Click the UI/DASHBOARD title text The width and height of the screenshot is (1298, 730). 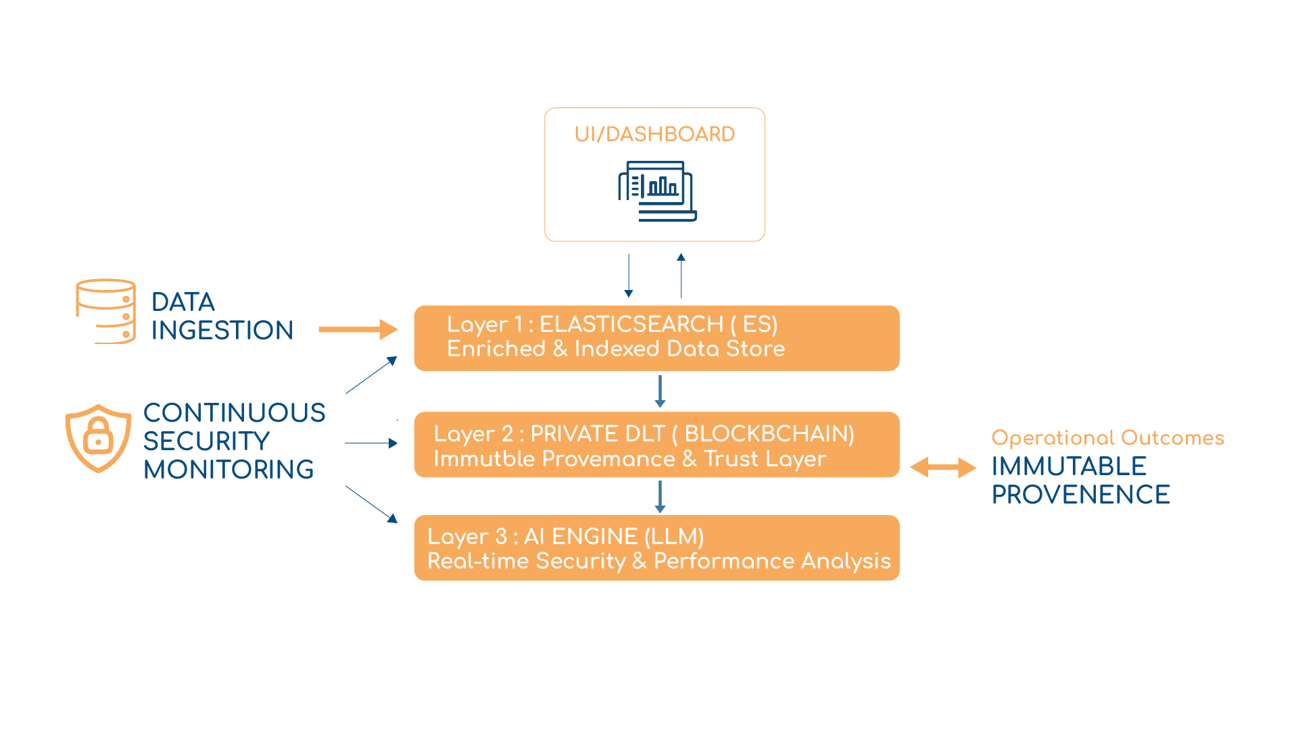click(x=654, y=134)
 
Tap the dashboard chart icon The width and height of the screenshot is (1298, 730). click(x=657, y=191)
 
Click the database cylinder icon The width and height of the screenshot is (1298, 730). click(x=105, y=311)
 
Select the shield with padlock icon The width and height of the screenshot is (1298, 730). click(x=98, y=438)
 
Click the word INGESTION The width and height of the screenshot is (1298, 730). click(x=222, y=331)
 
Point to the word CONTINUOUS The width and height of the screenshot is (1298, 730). click(x=234, y=412)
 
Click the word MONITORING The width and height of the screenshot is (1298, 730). click(x=229, y=469)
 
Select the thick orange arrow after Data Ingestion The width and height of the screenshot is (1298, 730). click(x=358, y=329)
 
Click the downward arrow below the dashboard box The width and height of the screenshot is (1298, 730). click(x=629, y=276)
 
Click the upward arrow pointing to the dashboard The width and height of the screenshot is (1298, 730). click(x=681, y=276)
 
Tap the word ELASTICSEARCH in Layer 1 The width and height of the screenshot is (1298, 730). click(x=631, y=324)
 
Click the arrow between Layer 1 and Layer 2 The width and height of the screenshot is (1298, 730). click(x=660, y=391)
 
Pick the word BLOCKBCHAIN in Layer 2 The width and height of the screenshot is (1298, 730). click(x=769, y=434)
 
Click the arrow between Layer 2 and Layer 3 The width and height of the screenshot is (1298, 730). click(x=660, y=496)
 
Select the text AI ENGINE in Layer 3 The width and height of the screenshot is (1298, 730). click(x=580, y=537)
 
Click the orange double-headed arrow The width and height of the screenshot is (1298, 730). click(x=943, y=467)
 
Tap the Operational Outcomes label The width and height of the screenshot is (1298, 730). click(x=1107, y=438)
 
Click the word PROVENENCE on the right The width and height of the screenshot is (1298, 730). click(x=1080, y=495)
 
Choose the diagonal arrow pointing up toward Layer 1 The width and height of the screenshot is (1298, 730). click(x=371, y=375)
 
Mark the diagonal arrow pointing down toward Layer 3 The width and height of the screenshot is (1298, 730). click(x=371, y=504)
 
